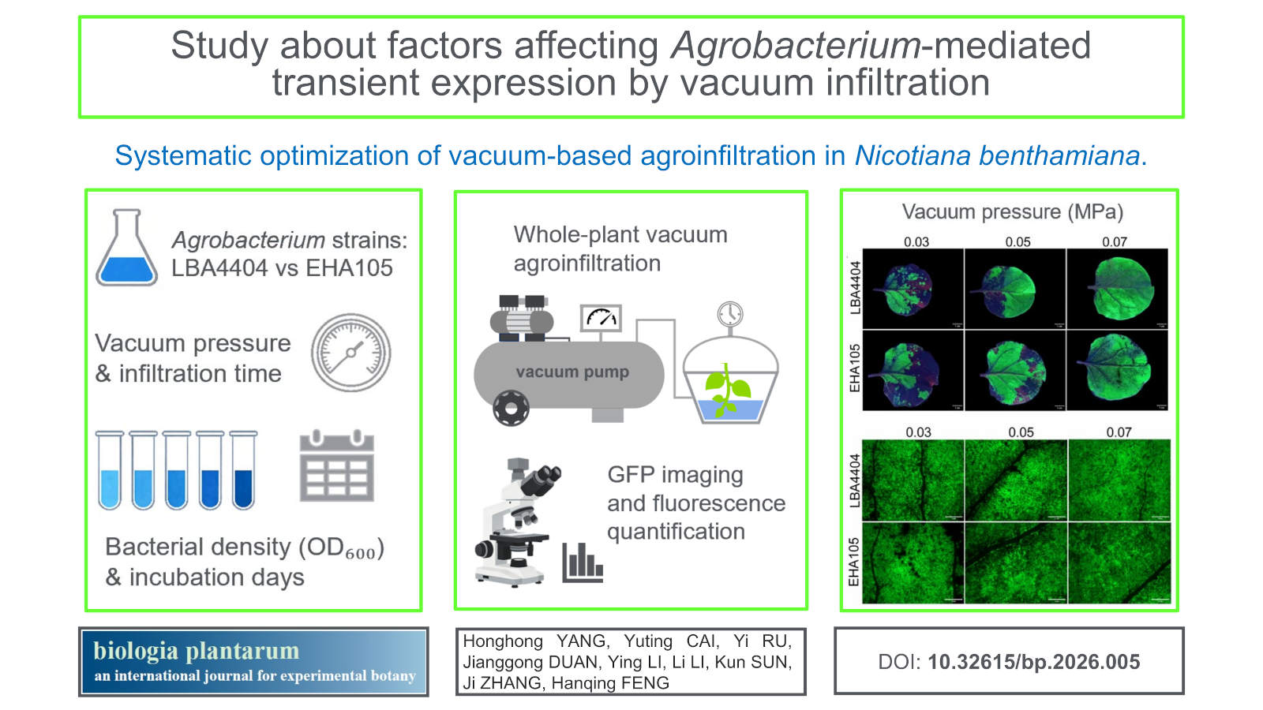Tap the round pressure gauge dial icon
(350, 353)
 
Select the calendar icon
(336, 465)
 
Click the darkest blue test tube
(243, 470)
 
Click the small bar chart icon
(583, 562)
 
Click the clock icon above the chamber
(730, 314)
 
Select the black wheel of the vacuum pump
(511, 408)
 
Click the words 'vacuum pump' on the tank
(572, 372)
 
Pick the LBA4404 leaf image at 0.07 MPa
(1117, 289)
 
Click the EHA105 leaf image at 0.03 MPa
(913, 370)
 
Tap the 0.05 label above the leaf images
(1018, 241)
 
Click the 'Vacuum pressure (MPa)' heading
(1013, 212)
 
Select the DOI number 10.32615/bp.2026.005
(1033, 662)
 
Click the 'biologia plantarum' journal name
(197, 651)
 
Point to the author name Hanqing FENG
(610, 683)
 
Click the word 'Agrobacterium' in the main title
(795, 45)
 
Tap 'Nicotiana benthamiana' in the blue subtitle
(997, 155)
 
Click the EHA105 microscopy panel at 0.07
(1119, 563)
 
